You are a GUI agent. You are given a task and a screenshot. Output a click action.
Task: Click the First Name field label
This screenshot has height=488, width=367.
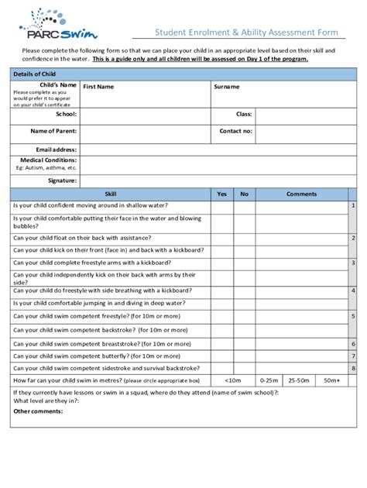pos(98,87)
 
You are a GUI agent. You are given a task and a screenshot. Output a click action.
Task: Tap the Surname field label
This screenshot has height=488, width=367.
pos(226,87)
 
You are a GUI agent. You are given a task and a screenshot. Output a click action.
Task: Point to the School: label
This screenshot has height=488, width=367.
pos(66,114)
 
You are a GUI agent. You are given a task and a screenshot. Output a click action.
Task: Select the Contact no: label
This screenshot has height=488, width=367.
pos(235,131)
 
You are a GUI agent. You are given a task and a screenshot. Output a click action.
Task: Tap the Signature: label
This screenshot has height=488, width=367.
pos(62,180)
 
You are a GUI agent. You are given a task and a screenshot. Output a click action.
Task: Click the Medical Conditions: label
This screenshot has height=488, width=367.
pos(48,160)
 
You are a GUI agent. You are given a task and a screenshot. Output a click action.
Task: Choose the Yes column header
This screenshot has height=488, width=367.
pos(221,194)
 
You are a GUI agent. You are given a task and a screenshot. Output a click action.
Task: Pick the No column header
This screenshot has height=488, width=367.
pos(244,194)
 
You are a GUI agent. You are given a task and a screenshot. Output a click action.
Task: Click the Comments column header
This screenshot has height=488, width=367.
pos(301,194)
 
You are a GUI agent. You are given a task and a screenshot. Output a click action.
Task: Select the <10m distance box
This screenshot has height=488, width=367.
pos(233,380)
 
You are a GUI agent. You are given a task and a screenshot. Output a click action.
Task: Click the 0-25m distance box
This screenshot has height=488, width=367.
pos(269,380)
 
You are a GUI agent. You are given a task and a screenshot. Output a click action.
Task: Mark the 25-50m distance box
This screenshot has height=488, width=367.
pos(298,380)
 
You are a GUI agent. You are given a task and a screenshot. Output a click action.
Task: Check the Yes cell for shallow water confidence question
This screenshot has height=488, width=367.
pos(221,206)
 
